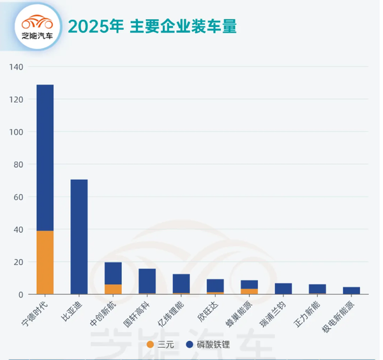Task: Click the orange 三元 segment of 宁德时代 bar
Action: (x=45, y=262)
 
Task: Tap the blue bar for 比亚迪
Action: (x=79, y=236)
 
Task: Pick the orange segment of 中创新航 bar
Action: (x=113, y=289)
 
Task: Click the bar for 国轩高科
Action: (x=147, y=281)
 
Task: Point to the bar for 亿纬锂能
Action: (x=181, y=283)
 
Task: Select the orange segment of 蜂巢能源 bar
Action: (x=250, y=292)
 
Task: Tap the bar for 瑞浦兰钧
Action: (x=283, y=289)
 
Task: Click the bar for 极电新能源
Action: (x=352, y=290)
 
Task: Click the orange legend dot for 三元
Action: (x=150, y=345)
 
